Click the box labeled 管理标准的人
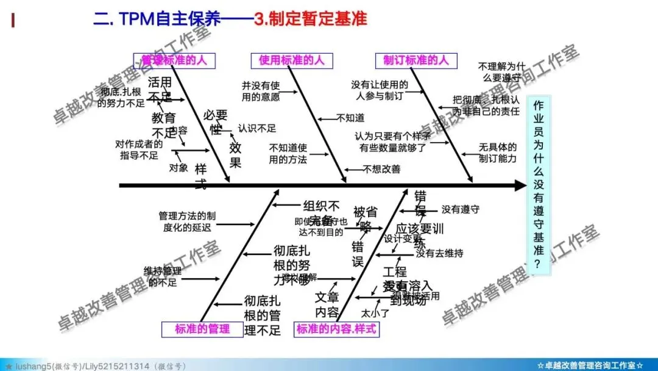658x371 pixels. (174, 60)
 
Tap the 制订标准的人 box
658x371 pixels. (416, 60)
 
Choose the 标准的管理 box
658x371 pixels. (202, 329)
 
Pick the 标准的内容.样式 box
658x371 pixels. (336, 329)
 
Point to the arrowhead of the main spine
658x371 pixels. (521, 185)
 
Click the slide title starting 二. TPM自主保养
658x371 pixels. (230, 19)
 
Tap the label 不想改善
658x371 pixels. (381, 170)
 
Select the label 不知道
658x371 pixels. (350, 118)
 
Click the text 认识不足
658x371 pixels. (256, 129)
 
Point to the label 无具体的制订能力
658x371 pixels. (497, 153)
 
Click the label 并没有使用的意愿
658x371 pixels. (261, 92)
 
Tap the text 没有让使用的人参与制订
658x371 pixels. (379, 90)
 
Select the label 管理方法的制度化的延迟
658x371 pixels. (187, 222)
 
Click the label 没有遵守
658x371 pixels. (460, 209)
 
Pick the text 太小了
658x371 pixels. (375, 313)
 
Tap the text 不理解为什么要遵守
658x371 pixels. (501, 72)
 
